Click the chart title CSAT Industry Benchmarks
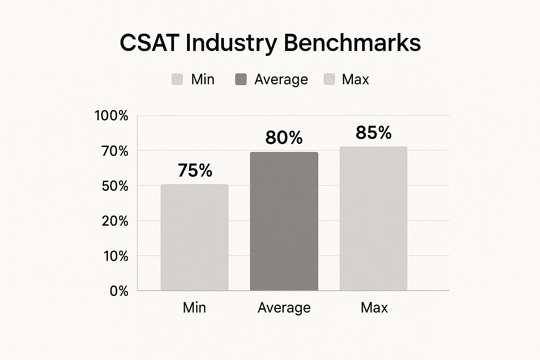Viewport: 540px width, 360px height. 270,43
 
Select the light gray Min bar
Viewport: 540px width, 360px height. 194,238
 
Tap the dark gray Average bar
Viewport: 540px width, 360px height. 284,221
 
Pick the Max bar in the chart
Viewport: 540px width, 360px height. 373,219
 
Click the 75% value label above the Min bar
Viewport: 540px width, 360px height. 195,171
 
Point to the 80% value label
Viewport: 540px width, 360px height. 284,137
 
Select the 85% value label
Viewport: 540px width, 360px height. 373,133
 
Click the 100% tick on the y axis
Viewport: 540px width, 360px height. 111,116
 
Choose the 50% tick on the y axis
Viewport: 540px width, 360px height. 115,186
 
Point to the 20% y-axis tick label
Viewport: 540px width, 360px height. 115,221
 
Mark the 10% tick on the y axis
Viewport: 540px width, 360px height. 116,256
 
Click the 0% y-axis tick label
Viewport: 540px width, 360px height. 119,291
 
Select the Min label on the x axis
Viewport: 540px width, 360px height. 194,308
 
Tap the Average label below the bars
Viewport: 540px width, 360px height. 284,308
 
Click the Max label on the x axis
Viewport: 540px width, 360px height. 374,308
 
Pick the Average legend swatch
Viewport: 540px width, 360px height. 241,79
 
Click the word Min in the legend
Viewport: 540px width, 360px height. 203,79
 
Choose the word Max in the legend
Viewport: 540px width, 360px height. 355,79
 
